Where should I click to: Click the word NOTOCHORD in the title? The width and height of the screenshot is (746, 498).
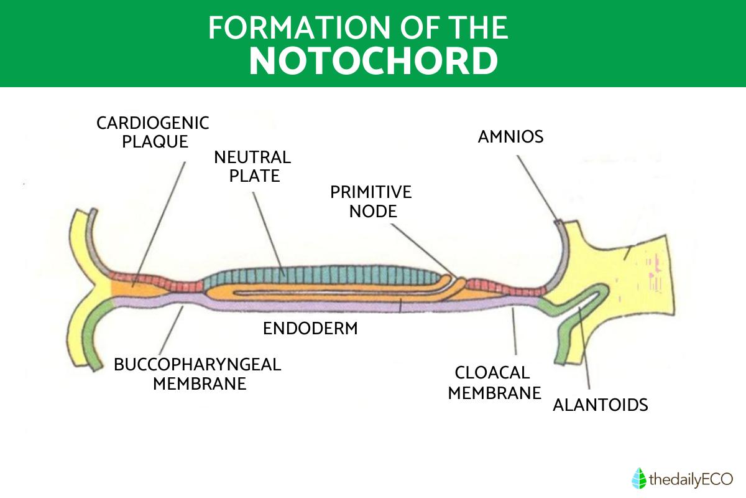pos(373,60)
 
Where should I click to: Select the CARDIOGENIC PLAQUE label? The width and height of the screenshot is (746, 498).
pos(152,132)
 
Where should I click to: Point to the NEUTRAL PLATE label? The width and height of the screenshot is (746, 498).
pos(252,166)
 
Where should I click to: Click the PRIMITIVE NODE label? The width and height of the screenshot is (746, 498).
pos(371,201)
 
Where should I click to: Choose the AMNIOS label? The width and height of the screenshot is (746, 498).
pos(510,136)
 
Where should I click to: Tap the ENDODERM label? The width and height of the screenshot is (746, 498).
pos(310,328)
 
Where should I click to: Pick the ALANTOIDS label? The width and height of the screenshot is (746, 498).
pos(601,405)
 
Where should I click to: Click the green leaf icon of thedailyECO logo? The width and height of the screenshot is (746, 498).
pos(638,479)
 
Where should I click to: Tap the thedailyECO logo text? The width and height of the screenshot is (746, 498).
pos(691,479)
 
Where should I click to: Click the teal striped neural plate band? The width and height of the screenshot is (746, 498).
pos(323,274)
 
